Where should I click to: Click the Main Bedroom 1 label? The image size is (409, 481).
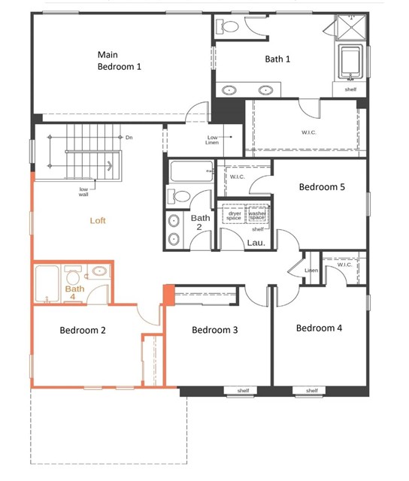coord(120,60)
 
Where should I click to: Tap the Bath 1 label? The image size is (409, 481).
coord(277,59)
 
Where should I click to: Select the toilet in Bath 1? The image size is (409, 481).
coord(227,26)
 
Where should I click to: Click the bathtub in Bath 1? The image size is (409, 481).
coord(350,62)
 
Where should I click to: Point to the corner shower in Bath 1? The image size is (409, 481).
coord(351,27)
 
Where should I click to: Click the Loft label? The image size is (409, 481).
coord(98,220)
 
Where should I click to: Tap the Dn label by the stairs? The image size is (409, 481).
coord(129,138)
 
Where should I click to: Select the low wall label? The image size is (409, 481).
coord(83,192)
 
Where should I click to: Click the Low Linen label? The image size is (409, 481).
coord(212,140)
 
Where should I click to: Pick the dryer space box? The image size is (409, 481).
coord(234,213)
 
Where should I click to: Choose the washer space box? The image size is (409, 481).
coord(257,213)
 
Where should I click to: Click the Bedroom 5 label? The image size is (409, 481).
coord(322,187)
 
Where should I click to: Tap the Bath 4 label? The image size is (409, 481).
coord(74,292)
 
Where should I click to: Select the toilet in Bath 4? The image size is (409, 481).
coord(72,275)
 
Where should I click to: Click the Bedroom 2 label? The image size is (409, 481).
coord(83,330)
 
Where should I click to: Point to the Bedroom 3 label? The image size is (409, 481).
coord(215,330)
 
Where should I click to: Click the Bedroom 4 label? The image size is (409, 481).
coord(319,328)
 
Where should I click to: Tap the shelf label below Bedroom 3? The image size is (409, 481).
coord(243,391)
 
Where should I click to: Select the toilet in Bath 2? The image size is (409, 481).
coord(179,196)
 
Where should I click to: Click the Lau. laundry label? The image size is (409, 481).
coord(256,243)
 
